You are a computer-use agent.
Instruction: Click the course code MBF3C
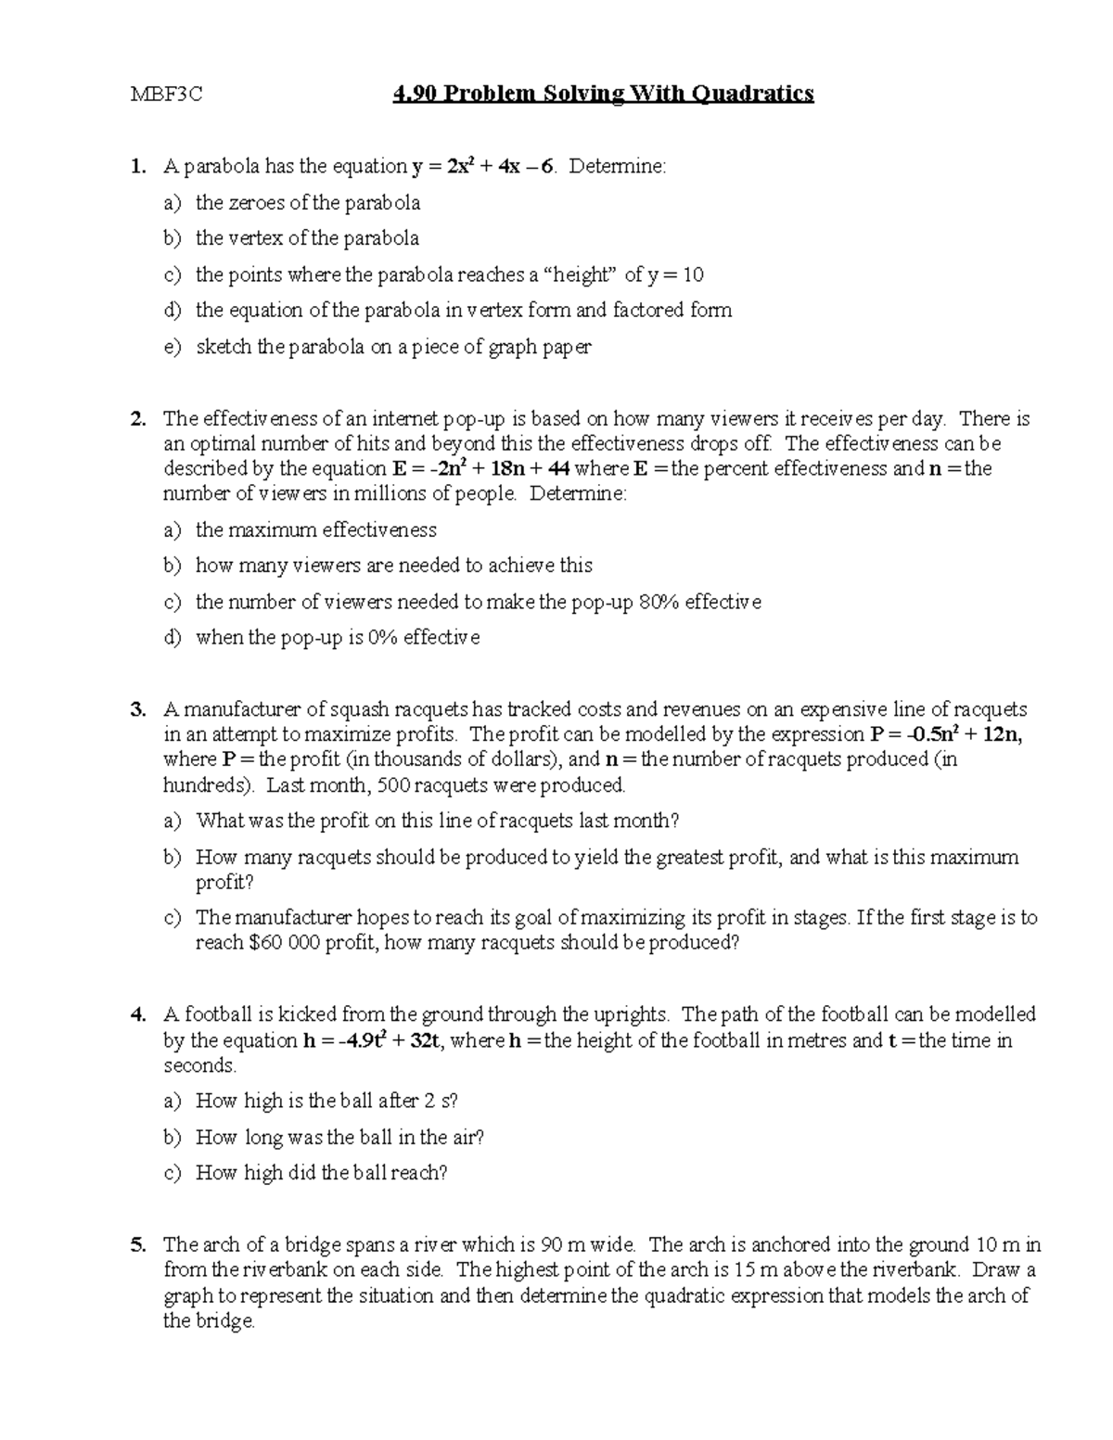(x=167, y=94)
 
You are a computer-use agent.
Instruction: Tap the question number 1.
(x=137, y=167)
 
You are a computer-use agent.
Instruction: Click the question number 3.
(x=137, y=710)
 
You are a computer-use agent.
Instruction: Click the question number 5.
(x=137, y=1245)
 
